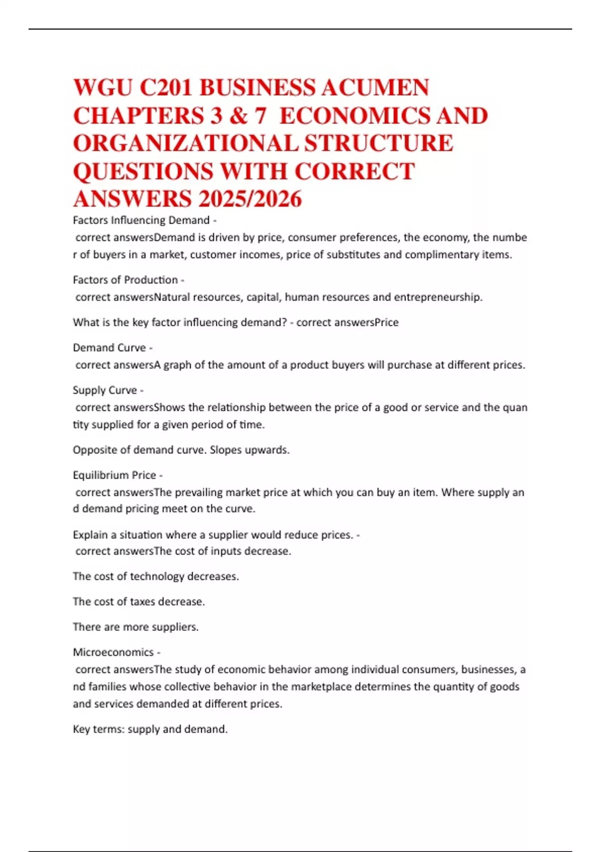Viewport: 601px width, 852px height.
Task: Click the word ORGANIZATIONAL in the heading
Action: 185,143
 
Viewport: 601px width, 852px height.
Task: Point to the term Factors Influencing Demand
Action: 141,220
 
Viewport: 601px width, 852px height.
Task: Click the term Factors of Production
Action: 125,280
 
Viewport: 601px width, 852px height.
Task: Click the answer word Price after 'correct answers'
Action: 386,322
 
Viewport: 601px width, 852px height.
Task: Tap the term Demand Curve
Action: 109,347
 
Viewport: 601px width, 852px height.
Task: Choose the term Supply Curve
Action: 105,390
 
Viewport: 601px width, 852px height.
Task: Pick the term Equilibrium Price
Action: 114,475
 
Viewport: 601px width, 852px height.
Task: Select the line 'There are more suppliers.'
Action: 136,627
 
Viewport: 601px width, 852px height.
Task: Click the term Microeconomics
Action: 113,652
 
